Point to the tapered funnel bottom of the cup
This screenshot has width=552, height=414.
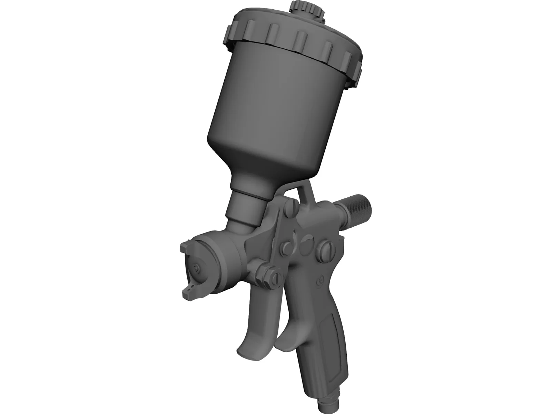click(x=262, y=166)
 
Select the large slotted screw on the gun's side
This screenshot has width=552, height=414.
click(x=326, y=248)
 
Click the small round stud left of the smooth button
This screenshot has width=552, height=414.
click(x=287, y=247)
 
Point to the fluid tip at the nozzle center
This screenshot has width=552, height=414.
click(x=197, y=269)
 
